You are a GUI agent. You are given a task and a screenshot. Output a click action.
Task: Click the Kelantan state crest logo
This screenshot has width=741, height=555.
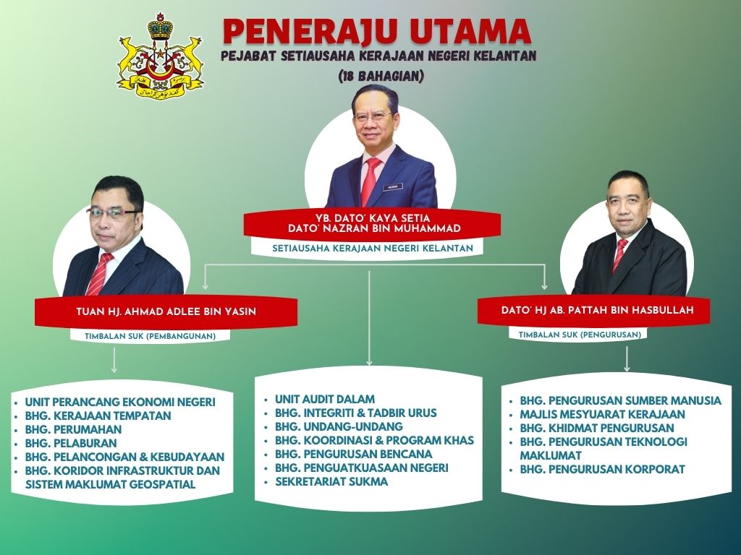coord(161,56)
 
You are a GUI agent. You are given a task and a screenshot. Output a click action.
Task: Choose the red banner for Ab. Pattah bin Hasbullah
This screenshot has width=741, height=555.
coord(593,310)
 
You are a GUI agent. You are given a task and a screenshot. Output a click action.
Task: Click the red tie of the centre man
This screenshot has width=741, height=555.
coord(371,181)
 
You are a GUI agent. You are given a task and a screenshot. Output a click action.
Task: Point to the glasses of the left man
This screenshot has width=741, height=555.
coord(113,213)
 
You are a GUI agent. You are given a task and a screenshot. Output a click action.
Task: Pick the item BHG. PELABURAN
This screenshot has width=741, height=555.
coord(70,443)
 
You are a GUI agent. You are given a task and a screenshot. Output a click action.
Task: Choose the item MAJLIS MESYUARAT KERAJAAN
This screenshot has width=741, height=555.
coord(602,414)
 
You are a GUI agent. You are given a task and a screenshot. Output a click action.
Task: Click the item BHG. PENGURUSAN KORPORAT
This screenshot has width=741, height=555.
coord(602,469)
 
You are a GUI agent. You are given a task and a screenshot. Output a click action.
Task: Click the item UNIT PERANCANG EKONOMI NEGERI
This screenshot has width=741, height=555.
coord(119,402)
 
